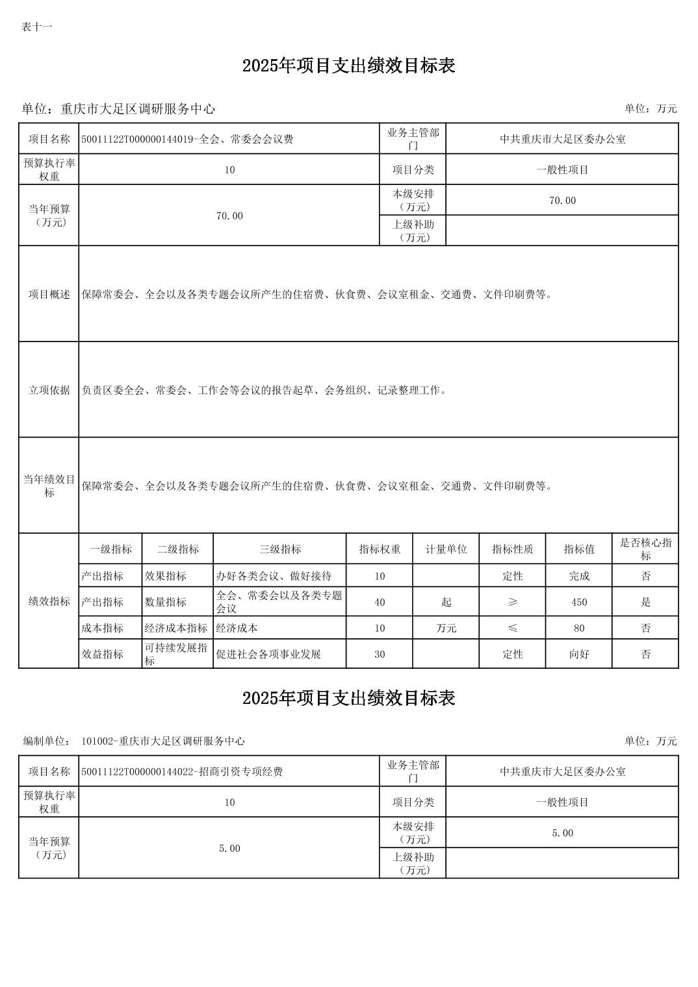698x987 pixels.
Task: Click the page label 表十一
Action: (36, 27)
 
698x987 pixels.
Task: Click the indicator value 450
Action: (578, 602)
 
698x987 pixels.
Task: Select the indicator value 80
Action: (578, 628)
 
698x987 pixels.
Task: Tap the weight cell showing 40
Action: (380, 602)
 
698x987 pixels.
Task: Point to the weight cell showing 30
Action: (380, 654)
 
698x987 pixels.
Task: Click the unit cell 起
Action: (446, 602)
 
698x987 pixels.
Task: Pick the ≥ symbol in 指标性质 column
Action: (512, 602)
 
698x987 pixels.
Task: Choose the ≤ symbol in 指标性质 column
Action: (512, 628)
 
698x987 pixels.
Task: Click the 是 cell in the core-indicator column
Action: (645, 602)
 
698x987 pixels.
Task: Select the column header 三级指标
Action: (280, 549)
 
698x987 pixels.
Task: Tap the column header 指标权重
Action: (380, 549)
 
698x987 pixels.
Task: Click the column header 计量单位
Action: (446, 549)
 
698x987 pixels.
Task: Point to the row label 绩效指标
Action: (49, 601)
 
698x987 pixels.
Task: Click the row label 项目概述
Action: (49, 294)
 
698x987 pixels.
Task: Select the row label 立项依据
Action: (49, 390)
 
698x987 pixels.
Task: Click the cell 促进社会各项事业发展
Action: (268, 654)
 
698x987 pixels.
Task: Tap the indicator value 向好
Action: (578, 654)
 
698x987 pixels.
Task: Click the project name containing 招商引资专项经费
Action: (182, 771)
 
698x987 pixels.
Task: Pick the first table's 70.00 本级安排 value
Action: (562, 200)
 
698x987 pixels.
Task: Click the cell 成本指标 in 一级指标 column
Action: (102, 628)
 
